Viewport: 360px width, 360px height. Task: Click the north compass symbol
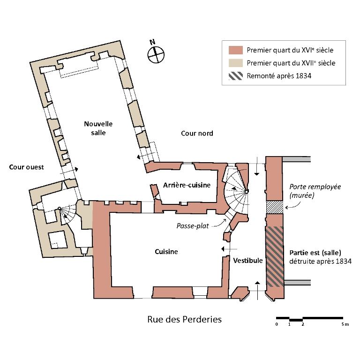(x=156, y=55)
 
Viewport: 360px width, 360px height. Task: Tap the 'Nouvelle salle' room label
(x=98, y=128)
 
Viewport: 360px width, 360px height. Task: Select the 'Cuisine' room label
(x=166, y=252)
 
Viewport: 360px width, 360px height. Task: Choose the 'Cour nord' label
(x=197, y=134)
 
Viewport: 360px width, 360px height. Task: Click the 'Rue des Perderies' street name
(x=184, y=320)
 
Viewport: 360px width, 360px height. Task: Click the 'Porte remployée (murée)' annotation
(x=315, y=190)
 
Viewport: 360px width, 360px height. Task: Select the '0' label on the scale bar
(x=277, y=324)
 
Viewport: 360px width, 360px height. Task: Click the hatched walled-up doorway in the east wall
(x=274, y=207)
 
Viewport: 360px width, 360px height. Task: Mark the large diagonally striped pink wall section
(x=274, y=255)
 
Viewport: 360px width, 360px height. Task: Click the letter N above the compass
(x=152, y=42)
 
